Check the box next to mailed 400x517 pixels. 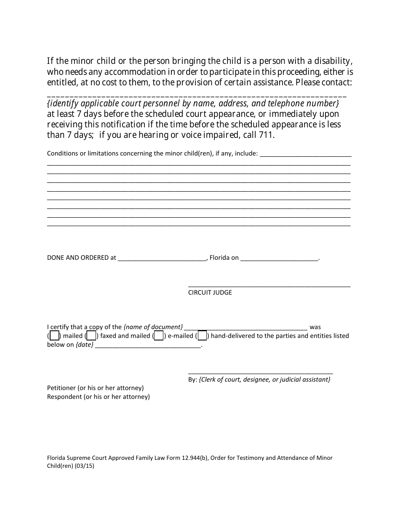click(x=54, y=336)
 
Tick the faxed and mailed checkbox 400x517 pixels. click(x=91, y=336)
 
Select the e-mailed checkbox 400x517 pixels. click(x=159, y=336)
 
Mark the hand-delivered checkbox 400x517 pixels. click(x=202, y=336)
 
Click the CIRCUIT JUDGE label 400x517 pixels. click(x=210, y=293)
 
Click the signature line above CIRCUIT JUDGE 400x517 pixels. click(x=269, y=286)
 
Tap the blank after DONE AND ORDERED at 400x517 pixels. click(x=162, y=258)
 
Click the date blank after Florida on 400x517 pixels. click(x=279, y=258)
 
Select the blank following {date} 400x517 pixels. click(x=148, y=346)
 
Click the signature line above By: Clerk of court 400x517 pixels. click(x=260, y=373)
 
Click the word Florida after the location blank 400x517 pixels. click(x=219, y=258)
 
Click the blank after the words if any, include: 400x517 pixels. click(x=306, y=154)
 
